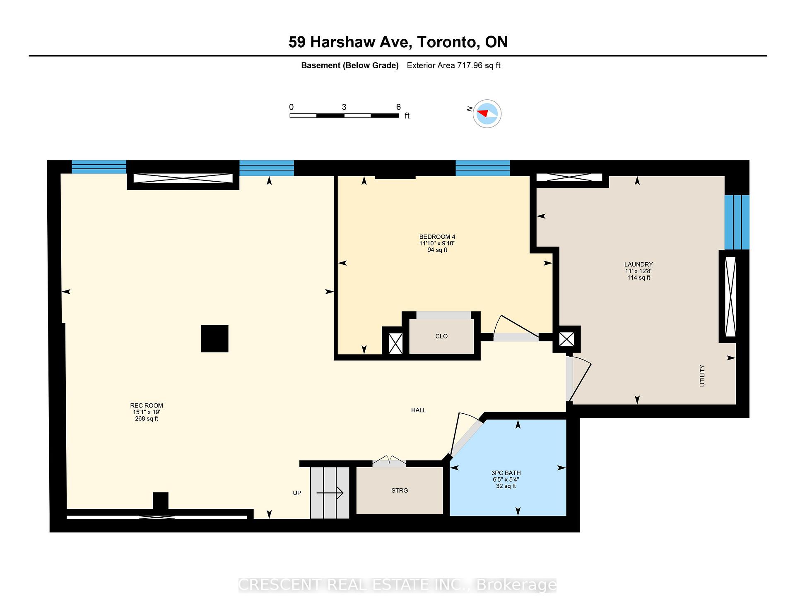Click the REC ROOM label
click(147, 405)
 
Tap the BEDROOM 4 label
click(437, 237)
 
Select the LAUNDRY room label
click(638, 264)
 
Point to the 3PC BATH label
click(506, 473)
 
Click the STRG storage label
click(400, 490)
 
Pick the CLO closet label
click(441, 336)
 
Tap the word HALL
click(419, 410)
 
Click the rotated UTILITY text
click(702, 376)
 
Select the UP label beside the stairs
click(297, 493)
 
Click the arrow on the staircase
click(330, 493)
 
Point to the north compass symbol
click(487, 113)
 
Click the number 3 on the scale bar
click(344, 107)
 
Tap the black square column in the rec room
click(214, 338)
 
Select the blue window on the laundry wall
click(737, 222)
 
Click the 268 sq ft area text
click(147, 419)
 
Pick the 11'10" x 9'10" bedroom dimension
click(437, 243)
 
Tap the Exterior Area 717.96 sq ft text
click(454, 65)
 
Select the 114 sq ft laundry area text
click(638, 278)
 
